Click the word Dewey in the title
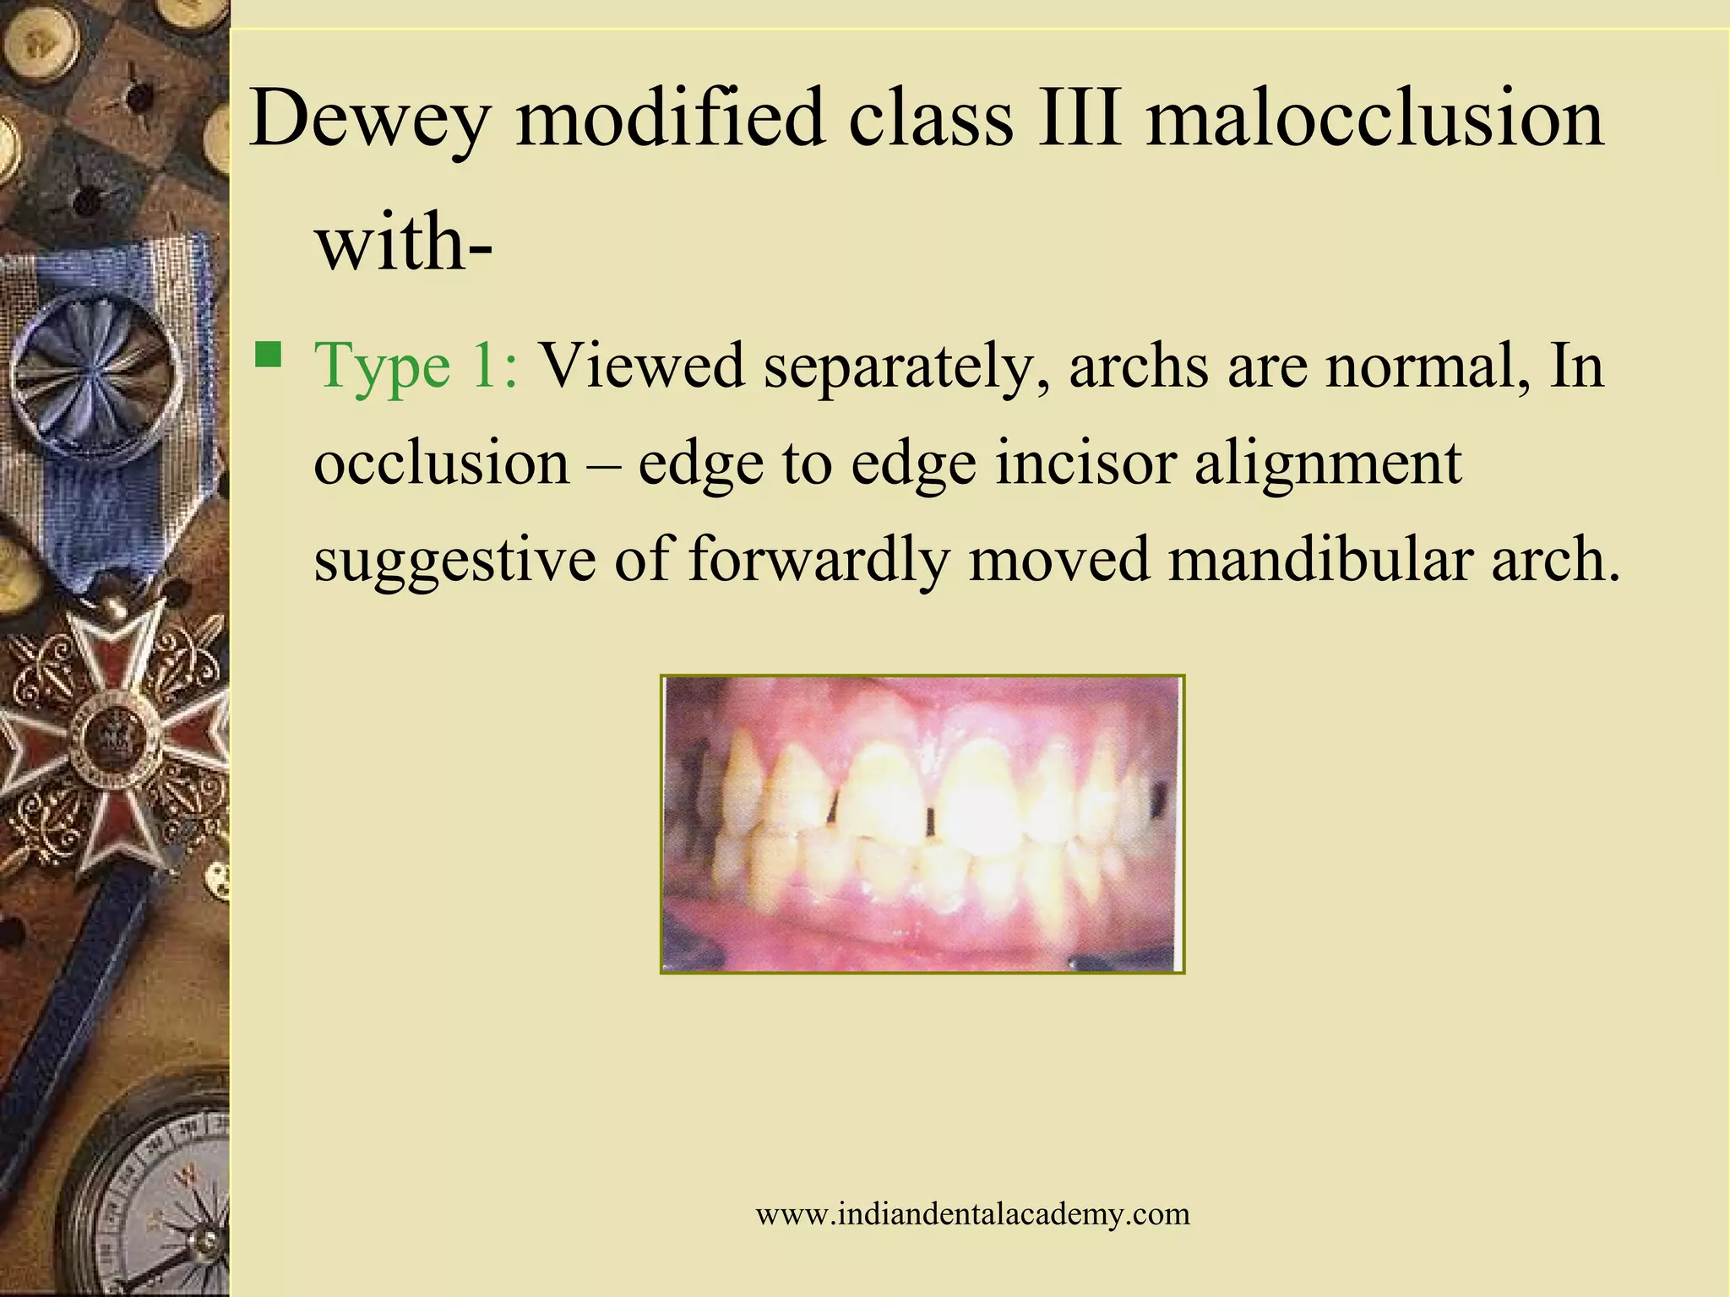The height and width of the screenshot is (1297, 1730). [369, 118]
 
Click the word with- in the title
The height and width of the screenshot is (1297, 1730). [403, 241]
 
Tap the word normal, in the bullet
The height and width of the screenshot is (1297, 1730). [1427, 366]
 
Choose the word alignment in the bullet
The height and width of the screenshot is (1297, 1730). [1328, 464]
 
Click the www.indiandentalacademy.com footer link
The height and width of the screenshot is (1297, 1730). [972, 1214]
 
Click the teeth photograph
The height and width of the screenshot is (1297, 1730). [922, 823]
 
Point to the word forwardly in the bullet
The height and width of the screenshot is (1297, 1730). [818, 561]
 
